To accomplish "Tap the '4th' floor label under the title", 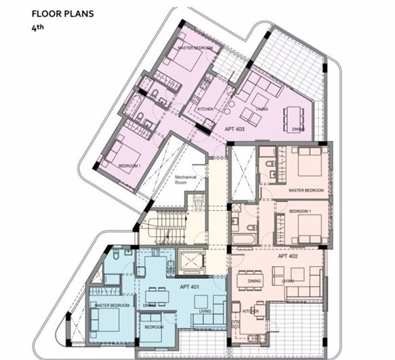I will point(37,29).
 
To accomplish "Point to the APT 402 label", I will point(288,256).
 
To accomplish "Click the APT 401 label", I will point(189,287).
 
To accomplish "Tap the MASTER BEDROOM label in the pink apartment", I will point(195,48).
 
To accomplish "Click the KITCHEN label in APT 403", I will point(205,108).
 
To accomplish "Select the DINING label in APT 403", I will point(297,129).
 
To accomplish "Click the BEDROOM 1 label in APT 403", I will point(129,165).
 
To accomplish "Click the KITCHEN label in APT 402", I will point(250,312).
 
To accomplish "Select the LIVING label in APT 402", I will point(288,280).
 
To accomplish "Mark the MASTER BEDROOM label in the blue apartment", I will point(112,306).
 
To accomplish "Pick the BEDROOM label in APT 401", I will point(154,327).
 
